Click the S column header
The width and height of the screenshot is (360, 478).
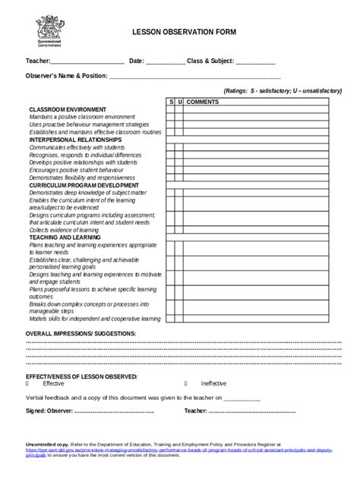coord(171,101)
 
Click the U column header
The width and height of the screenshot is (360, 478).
coord(180,101)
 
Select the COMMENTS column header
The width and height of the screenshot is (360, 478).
coord(204,101)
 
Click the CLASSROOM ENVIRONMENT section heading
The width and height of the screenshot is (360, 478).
coord(68,109)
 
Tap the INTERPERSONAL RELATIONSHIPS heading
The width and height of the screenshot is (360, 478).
coord(75,140)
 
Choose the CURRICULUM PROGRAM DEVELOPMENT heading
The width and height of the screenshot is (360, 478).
coord(84,184)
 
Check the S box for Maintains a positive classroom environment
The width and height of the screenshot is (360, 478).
coord(171,117)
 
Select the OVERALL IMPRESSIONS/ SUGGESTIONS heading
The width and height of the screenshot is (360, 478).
coord(81,334)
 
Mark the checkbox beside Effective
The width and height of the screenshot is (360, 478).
coord(28,383)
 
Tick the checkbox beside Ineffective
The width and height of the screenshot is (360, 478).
coord(187,383)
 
